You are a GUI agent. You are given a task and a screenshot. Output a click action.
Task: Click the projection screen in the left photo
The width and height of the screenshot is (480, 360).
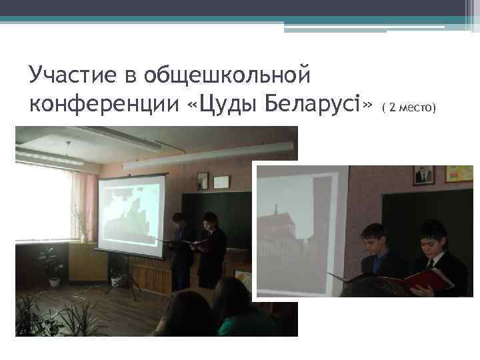pos(131,215)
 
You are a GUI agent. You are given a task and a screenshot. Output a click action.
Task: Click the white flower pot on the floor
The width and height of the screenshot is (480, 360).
pos(54,281)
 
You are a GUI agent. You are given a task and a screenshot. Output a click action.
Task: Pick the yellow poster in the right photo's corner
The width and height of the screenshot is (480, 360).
pos(459,174)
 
